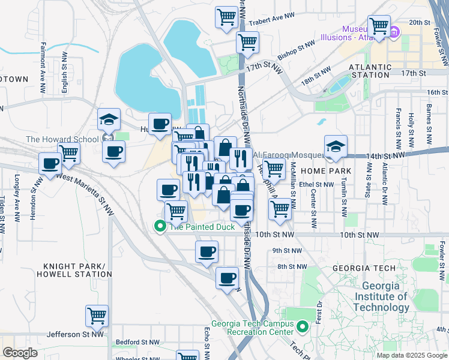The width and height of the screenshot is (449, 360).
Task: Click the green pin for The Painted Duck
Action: (x=160, y=227)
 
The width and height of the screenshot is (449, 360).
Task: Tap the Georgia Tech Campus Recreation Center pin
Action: (x=303, y=327)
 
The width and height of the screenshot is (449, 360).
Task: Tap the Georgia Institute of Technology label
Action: (x=381, y=296)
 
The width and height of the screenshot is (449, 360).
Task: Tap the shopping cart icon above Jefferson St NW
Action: (x=97, y=315)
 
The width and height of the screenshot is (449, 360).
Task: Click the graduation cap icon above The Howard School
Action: (x=109, y=119)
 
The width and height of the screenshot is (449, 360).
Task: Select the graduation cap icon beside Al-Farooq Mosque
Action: (x=336, y=146)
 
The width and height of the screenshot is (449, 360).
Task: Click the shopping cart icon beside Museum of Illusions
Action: (x=379, y=26)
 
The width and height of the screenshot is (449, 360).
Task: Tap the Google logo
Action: (x=20, y=353)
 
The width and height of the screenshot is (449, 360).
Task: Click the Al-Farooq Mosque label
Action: (x=287, y=155)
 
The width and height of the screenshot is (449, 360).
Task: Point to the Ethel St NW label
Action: (x=316, y=185)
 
